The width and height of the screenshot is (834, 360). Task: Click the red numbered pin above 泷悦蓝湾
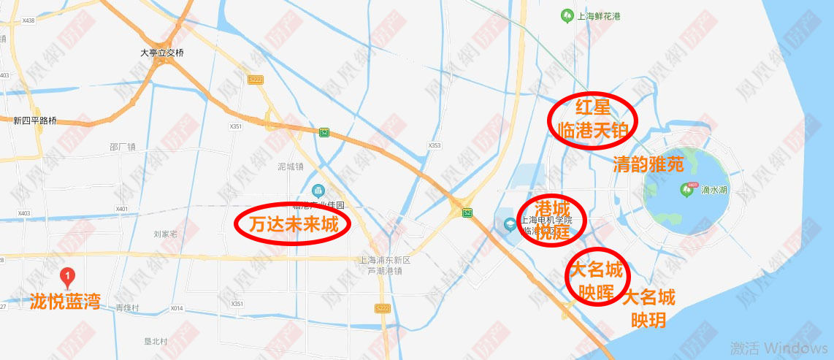67,277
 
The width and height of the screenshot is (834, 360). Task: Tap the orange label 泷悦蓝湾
65,302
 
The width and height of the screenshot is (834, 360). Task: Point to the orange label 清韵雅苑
649,164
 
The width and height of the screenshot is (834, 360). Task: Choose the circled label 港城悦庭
551,221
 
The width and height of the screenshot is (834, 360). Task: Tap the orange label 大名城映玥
649,308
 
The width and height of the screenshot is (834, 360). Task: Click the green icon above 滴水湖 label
686,188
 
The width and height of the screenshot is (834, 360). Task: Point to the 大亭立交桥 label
161,53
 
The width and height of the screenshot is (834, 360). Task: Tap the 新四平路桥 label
34,120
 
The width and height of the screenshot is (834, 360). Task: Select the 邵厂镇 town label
123,147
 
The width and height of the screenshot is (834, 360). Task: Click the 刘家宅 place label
166,234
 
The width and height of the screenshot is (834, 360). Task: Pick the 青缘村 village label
127,308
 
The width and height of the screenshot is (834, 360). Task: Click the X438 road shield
28,20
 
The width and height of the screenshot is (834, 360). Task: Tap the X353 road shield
435,145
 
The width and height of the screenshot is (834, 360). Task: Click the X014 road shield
177,308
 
